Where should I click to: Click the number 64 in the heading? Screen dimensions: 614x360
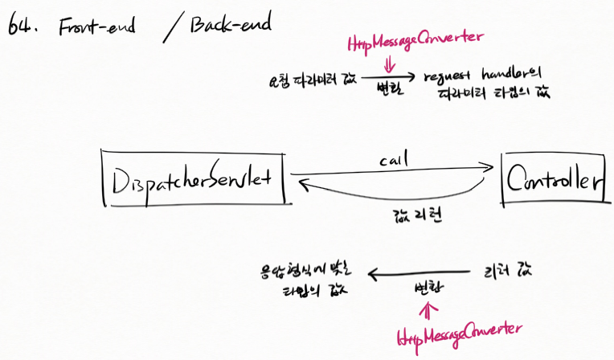coord(23,27)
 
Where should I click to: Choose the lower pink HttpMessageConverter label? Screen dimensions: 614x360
coord(459,332)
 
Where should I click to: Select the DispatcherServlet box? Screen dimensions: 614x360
coord(195,178)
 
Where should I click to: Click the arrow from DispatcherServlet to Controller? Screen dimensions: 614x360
coord(391,171)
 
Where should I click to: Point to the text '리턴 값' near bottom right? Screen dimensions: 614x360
coord(505,271)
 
